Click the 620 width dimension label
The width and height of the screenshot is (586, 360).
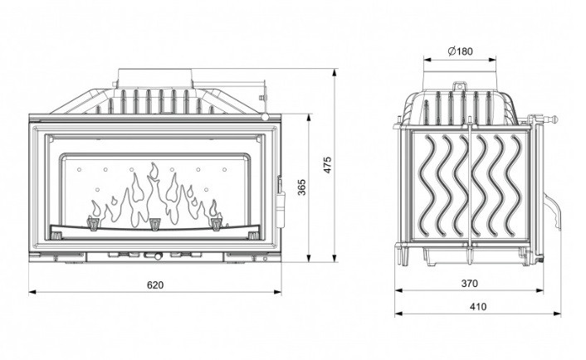click(x=155, y=285)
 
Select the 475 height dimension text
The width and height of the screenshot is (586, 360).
click(x=327, y=165)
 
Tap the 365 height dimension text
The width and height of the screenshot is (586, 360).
click(x=302, y=187)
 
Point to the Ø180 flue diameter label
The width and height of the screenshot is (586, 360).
click(x=460, y=51)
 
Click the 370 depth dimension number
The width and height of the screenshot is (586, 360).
click(x=469, y=284)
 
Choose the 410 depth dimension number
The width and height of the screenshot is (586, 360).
click(x=478, y=307)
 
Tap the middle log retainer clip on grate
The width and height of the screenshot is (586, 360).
click(x=154, y=224)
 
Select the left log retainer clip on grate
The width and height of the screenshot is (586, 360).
click(x=93, y=222)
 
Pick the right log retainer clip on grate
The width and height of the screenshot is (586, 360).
click(x=217, y=222)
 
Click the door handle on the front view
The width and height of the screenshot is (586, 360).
click(x=280, y=201)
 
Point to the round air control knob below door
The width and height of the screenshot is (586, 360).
click(x=158, y=256)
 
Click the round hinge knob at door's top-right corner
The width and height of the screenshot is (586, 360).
click(x=266, y=117)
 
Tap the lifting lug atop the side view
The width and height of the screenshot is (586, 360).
click(x=460, y=86)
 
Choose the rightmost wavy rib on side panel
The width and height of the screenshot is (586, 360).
click(x=514, y=186)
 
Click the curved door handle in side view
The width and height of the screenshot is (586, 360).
click(x=552, y=212)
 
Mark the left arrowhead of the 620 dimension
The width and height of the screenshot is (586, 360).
click(x=32, y=292)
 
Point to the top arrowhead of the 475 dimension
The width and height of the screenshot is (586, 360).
click(x=335, y=72)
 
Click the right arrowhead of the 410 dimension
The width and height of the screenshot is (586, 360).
click(x=557, y=314)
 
